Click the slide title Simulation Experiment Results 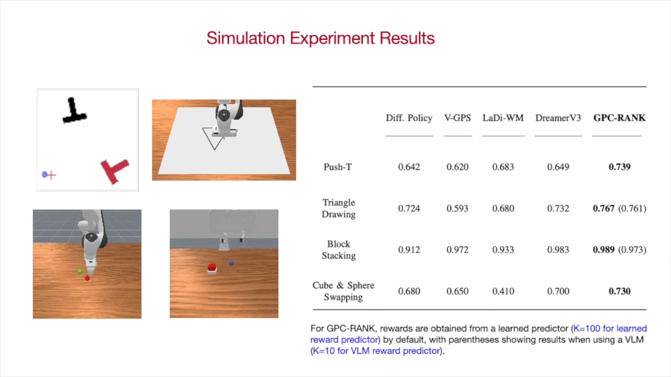click(320, 38)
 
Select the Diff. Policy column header click(409, 118)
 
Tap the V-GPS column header click(457, 118)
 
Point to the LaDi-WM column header click(503, 118)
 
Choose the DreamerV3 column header click(558, 118)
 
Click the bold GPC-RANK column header click(619, 118)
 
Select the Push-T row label click(338, 167)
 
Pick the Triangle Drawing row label click(339, 208)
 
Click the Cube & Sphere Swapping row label click(343, 291)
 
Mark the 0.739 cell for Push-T click(619, 167)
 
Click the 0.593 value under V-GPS click(457, 208)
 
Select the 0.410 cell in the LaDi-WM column click(503, 291)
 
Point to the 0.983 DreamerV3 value click(558, 250)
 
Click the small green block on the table click(80, 271)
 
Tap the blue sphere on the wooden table click(231, 263)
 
